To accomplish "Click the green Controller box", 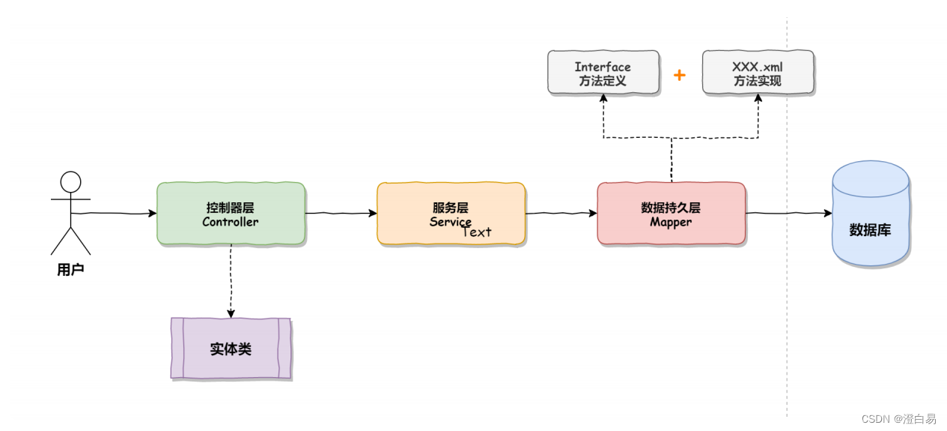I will pyautogui.click(x=231, y=214).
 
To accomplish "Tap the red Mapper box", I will pyautogui.click(x=671, y=214).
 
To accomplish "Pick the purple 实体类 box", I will pyautogui.click(x=231, y=349).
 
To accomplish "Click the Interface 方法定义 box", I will pyautogui.click(x=603, y=73).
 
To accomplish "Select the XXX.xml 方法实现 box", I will pyautogui.click(x=758, y=73).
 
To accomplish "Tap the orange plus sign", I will pyautogui.click(x=680, y=75).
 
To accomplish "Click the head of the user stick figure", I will pyautogui.click(x=70, y=182).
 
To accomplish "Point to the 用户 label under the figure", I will pyautogui.click(x=70, y=270).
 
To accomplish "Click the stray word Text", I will pyautogui.click(x=477, y=232).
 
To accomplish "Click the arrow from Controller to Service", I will pyautogui.click(x=341, y=214).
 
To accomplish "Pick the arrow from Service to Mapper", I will pyautogui.click(x=561, y=214).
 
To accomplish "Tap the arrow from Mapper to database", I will pyautogui.click(x=788, y=214).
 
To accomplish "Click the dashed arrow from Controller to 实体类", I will pyautogui.click(x=231, y=281).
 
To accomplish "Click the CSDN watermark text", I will pyautogui.click(x=898, y=419).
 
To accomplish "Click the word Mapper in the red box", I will pyautogui.click(x=671, y=223).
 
